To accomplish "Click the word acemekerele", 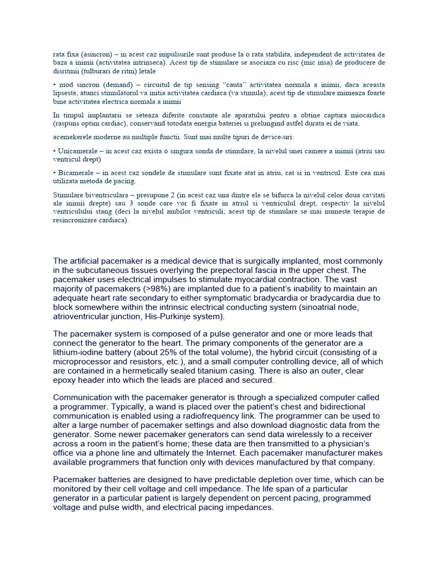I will click(x=73, y=137).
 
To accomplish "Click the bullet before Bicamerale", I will click(x=54, y=172).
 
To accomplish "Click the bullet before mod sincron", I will click(x=54, y=84).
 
